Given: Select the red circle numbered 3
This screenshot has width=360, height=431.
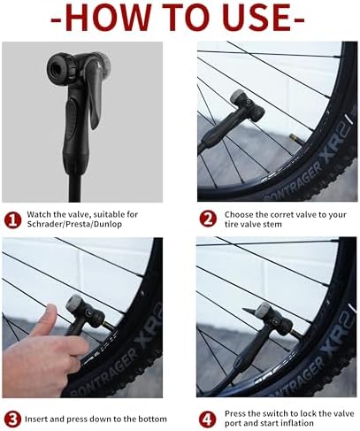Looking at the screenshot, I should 12,418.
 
